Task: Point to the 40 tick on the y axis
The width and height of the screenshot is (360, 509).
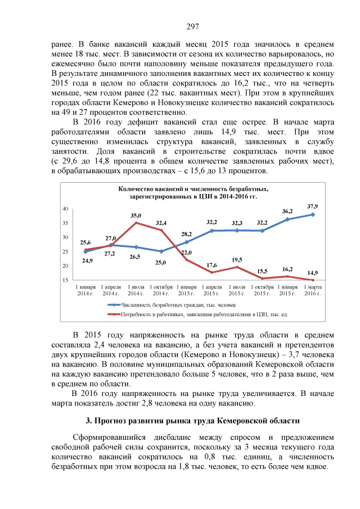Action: pos(65,209)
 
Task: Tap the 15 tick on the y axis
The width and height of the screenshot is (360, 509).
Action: pos(65,280)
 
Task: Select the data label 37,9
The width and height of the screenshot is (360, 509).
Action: pos(312,206)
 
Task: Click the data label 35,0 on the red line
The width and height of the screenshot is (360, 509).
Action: pos(136,215)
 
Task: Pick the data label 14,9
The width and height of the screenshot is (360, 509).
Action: pos(312,273)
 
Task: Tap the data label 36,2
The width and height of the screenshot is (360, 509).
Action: pos(287,211)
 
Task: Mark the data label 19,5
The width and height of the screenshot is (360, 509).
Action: pos(237,260)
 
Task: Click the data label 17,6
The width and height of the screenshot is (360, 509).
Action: pos(211,265)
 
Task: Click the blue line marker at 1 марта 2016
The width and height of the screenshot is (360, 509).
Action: pos(312,214)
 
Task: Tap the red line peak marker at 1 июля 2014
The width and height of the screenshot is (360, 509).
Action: pos(136,223)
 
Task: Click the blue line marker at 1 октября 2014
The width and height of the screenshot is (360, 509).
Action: pos(161,251)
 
